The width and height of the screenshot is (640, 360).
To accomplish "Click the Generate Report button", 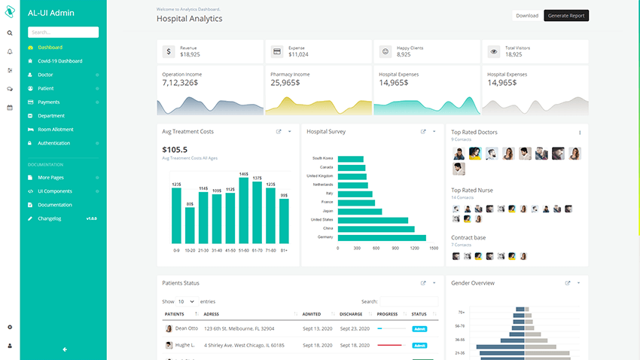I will (566, 15).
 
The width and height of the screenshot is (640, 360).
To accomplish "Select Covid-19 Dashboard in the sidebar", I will (60, 61).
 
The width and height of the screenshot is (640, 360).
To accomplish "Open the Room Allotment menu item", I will (56, 130).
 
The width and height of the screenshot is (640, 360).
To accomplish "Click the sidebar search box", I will (63, 32).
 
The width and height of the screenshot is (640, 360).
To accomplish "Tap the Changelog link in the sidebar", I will (50, 218).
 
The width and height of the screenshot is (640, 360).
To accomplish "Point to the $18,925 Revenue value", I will (190, 54).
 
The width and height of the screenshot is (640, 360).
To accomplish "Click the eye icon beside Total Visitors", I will (494, 51).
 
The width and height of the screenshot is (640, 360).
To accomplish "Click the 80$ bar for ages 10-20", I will (190, 224).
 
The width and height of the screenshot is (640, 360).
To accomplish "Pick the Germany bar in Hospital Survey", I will (382, 237).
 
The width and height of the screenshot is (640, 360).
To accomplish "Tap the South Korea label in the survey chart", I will (322, 158).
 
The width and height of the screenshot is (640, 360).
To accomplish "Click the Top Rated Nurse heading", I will (472, 191).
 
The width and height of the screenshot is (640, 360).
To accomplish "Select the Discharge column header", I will (351, 314).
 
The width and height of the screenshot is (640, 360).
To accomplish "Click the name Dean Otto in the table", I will (187, 328).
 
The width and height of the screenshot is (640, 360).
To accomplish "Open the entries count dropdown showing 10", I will (186, 301).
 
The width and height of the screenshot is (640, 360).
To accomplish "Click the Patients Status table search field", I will (409, 301).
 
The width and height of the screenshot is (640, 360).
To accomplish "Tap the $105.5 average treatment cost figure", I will (175, 150).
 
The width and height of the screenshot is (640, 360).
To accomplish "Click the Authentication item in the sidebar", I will (54, 143).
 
